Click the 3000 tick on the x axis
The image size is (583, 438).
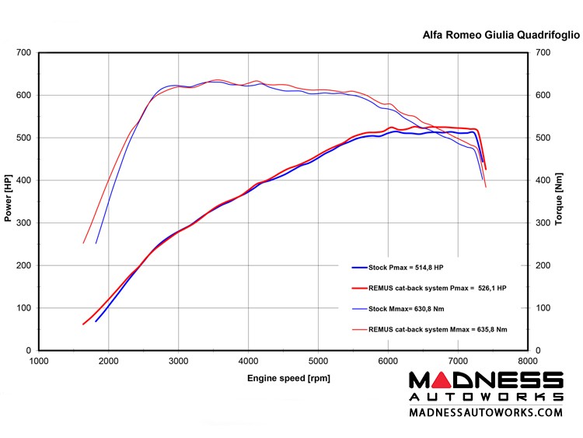pyautogui.click(x=178, y=360)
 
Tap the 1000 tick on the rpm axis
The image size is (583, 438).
pyautogui.click(x=39, y=360)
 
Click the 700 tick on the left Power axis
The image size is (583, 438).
pyautogui.click(x=23, y=53)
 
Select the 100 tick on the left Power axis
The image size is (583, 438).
pyautogui.click(x=23, y=308)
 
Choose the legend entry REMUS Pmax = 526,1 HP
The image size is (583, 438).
pyautogui.click(x=438, y=288)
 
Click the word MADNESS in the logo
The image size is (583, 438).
pyautogui.click(x=486, y=380)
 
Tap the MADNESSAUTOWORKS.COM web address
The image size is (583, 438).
pyautogui.click(x=486, y=412)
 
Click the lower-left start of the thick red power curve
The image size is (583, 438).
pyautogui.click(x=84, y=324)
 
